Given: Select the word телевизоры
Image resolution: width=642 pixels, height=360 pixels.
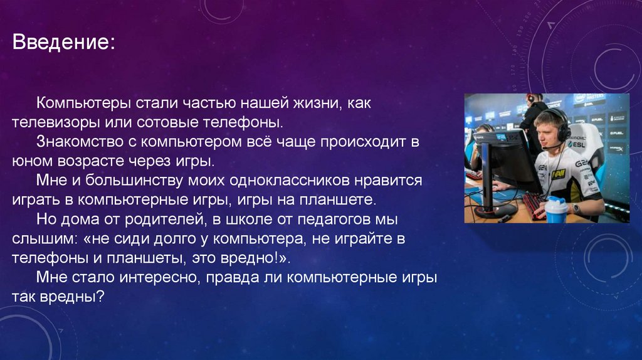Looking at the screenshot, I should pos(50,121).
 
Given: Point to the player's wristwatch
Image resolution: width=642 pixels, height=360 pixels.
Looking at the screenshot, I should pos(576,208).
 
